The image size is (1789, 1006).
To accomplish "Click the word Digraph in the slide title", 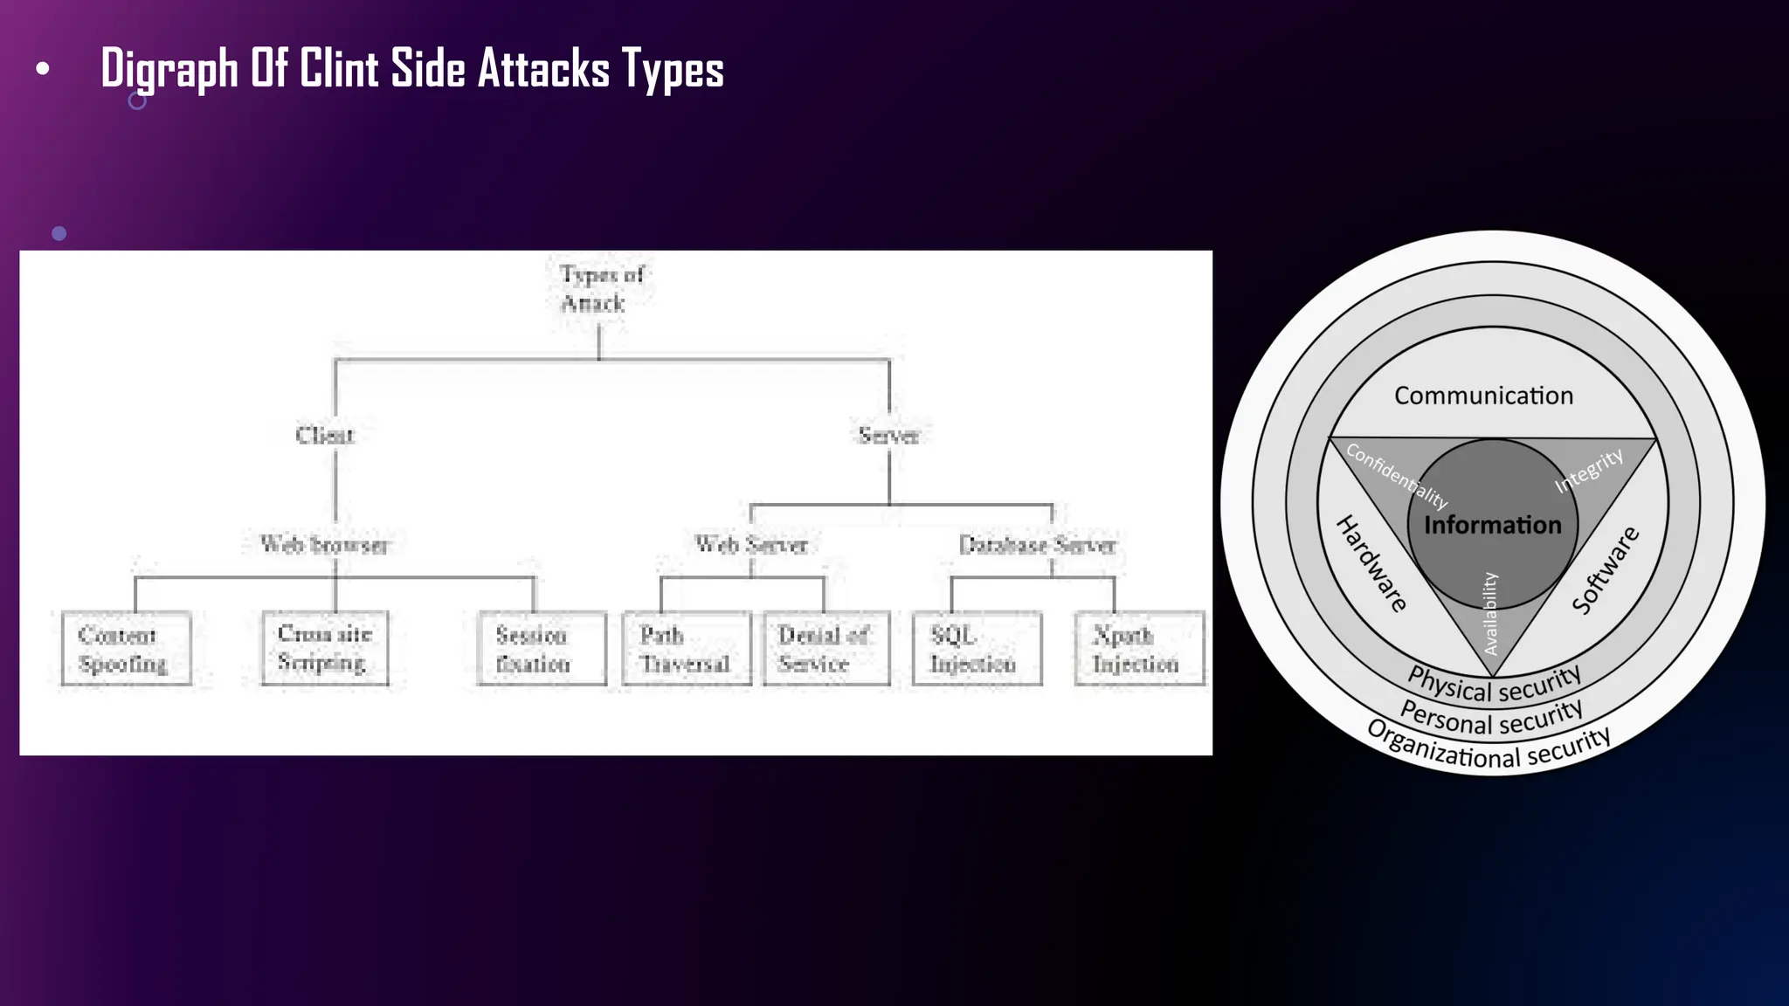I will pos(169,69).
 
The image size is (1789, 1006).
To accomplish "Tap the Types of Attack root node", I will pos(600,289).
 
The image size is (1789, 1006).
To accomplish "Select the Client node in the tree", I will pos(325,435).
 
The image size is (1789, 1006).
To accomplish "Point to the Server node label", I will pos(888,435).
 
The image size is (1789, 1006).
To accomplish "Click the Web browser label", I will pos(324,545).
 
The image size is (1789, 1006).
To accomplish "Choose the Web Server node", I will pos(750,545).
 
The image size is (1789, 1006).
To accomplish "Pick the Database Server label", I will pos(1037,545).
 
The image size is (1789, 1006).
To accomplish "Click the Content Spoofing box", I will pos(126,649).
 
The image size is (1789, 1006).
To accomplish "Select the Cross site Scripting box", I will pos(325,648).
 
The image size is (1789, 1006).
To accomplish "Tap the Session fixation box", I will pos(542,649).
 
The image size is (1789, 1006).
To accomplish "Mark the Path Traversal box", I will pos(687,649).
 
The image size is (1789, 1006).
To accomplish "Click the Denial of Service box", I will pos(825,649).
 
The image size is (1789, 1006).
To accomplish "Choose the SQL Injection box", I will pos(977,649).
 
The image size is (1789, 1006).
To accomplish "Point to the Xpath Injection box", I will pos(1139,649).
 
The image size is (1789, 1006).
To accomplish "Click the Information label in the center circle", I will pos(1492,525).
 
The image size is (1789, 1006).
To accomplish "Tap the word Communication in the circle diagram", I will pos(1483,396).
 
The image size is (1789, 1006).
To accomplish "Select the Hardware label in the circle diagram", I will pos(1371,563).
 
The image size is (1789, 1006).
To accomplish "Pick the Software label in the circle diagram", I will pos(1606,569).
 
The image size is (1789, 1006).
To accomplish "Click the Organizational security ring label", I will pos(1489,748).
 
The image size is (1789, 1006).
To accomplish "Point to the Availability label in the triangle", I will pos(1490,613).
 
